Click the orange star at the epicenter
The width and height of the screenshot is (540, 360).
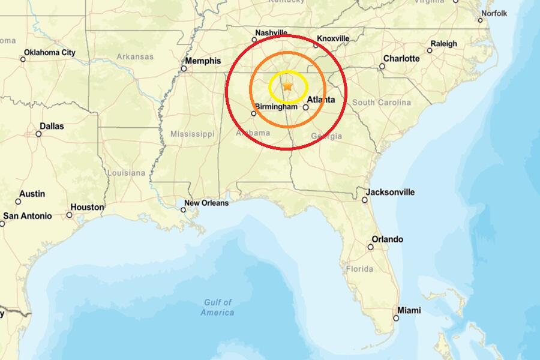click(288, 87)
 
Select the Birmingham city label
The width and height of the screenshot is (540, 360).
click(276, 106)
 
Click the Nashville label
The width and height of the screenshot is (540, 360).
click(271, 32)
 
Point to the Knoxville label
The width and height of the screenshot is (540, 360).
click(333, 38)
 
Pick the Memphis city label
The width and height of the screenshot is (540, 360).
click(203, 61)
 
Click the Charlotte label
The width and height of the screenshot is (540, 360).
click(401, 58)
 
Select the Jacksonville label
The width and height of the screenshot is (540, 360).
click(390, 192)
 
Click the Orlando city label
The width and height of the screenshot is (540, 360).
click(387, 239)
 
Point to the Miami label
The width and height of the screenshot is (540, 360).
click(409, 310)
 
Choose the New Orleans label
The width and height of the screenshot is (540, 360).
click(206, 203)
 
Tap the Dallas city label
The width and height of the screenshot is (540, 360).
click(52, 126)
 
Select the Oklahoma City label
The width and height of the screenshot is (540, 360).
click(50, 52)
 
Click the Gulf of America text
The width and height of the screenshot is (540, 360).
click(217, 307)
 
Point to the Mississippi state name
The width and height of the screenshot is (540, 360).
click(192, 133)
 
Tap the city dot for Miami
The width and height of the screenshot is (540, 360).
click(396, 318)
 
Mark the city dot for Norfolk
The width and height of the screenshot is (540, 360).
click(480, 20)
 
